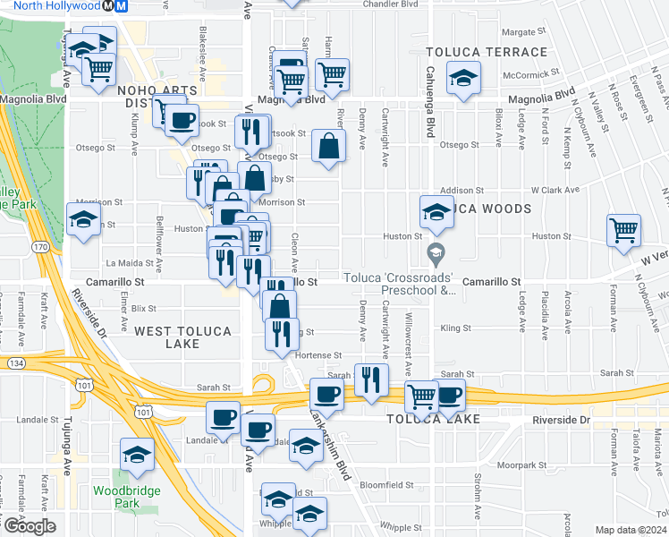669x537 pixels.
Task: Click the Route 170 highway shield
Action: click(40, 247)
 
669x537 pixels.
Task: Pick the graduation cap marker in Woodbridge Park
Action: click(137, 456)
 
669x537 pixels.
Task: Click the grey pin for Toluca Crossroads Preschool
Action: click(436, 251)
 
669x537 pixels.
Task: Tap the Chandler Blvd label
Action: click(392, 4)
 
